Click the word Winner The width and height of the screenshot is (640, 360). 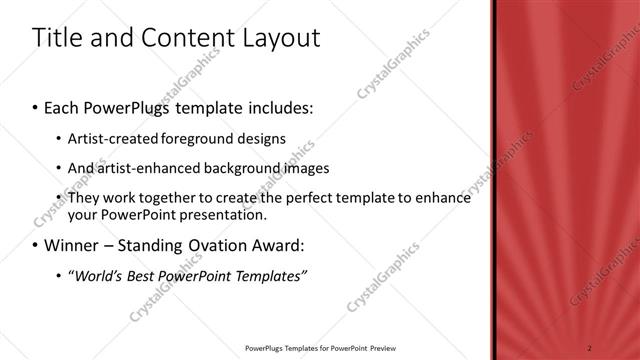[71, 245]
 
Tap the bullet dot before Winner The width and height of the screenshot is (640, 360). [36, 246]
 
